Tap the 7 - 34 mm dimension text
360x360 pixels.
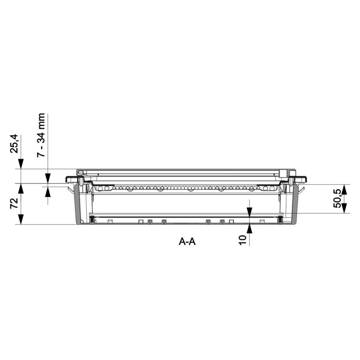41,135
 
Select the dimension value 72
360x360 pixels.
14,203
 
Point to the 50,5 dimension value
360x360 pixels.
337,199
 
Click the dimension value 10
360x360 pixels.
242,240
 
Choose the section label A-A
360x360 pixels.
187,242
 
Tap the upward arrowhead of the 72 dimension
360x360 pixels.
21,189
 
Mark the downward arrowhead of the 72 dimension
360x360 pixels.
21,219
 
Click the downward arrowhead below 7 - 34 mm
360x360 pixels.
48,178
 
